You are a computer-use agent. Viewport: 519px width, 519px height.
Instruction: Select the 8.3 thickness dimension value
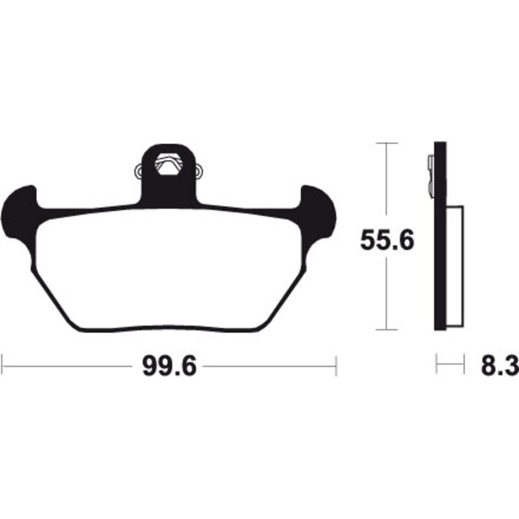click(499, 367)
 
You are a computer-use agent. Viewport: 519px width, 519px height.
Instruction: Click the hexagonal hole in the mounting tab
click(169, 164)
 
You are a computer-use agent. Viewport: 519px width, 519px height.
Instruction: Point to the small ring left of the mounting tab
click(138, 172)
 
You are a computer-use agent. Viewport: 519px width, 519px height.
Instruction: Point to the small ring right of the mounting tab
click(199, 172)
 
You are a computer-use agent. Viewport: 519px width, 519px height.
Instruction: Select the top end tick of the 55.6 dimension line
click(387, 143)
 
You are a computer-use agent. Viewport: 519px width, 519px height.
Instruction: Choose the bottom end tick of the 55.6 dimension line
click(387, 330)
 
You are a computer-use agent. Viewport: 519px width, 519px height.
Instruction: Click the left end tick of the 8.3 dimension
click(437, 365)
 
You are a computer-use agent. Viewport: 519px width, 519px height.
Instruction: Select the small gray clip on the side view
click(431, 175)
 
